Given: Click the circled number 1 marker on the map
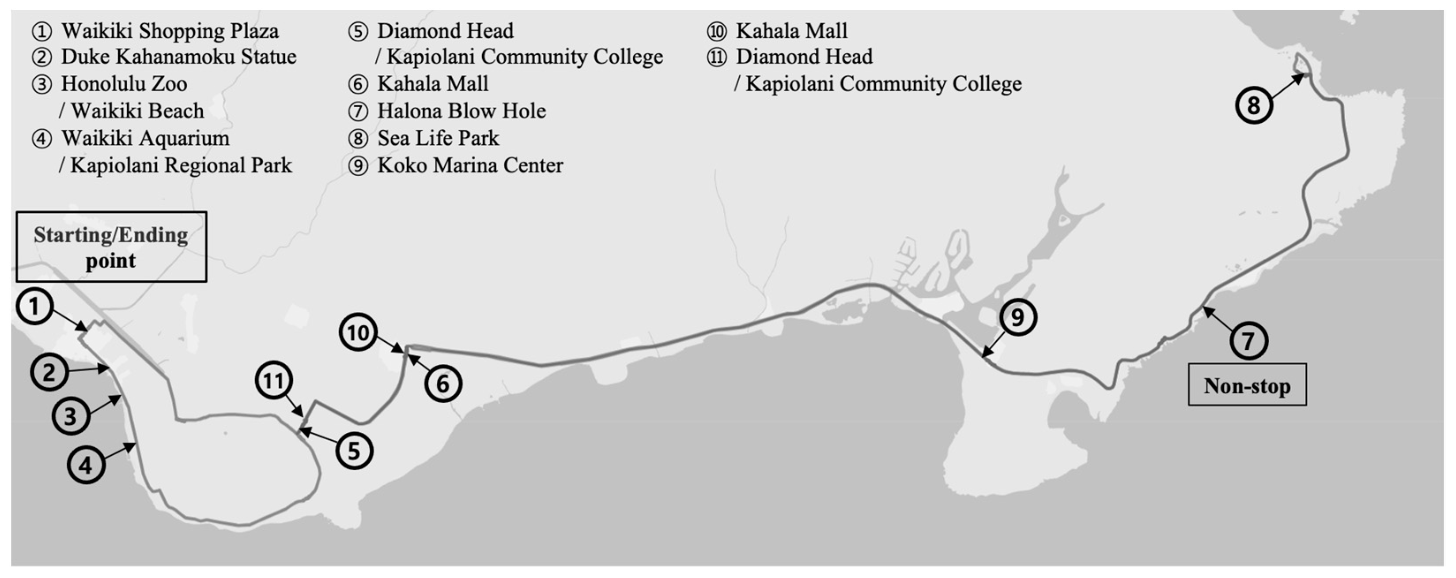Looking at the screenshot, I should tap(35, 306).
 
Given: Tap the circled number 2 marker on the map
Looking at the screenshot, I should tap(49, 372).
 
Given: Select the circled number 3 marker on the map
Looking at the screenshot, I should tap(71, 416).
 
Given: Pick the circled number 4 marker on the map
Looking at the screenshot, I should tap(86, 465).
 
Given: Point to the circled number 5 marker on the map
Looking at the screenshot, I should tap(354, 451).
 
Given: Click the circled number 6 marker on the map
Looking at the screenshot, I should tap(443, 384).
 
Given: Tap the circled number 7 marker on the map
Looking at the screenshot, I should tap(1248, 341).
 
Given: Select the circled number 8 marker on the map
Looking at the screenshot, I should tap(1254, 105).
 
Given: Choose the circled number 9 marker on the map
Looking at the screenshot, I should tap(1017, 317).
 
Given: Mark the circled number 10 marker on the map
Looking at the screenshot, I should tap(358, 333).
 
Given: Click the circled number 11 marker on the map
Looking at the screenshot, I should tap(274, 380).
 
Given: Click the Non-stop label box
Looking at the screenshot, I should tap(1247, 385).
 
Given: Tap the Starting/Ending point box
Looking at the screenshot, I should tap(111, 247).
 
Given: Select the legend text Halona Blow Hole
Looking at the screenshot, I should tap(461, 111).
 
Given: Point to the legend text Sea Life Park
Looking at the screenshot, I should tap(438, 138).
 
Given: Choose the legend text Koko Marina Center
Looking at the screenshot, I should tap(470, 165).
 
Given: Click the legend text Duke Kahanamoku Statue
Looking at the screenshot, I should tap(178, 57).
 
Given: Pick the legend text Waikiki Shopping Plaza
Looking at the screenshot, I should tap(170, 30).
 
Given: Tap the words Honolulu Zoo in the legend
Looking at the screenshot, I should tap(124, 83).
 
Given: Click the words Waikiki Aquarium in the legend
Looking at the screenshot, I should tap(145, 138).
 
